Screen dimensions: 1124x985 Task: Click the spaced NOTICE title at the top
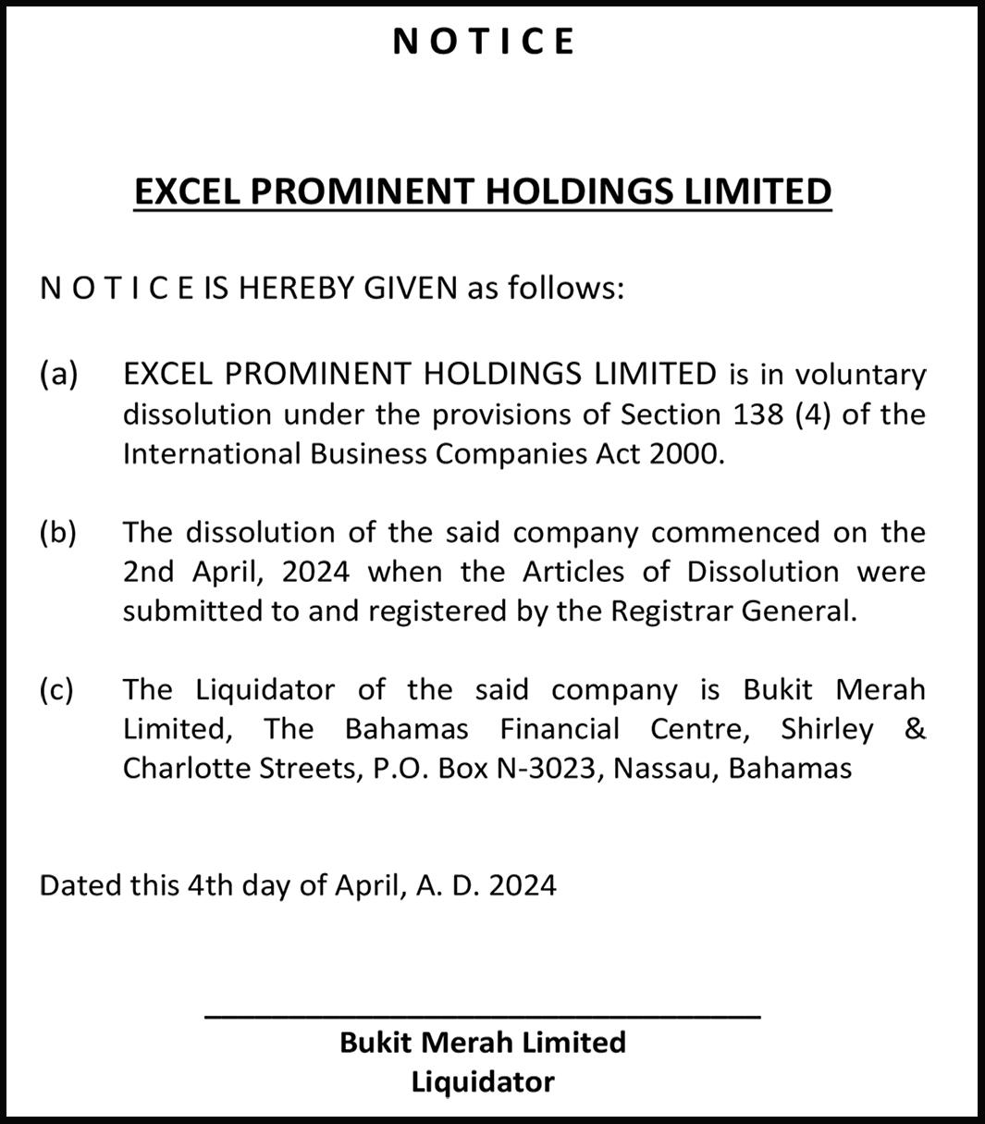(484, 42)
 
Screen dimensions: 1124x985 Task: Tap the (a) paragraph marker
(58, 374)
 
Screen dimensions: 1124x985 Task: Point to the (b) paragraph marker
(58, 533)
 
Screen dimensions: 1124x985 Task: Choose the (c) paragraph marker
(57, 690)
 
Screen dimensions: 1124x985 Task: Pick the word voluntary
(860, 375)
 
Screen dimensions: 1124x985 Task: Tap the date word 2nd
(148, 572)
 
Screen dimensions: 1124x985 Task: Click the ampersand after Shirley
(914, 729)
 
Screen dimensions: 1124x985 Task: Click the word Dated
(80, 885)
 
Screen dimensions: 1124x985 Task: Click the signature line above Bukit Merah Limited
(482, 1017)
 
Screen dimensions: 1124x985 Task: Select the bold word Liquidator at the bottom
(483, 1081)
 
